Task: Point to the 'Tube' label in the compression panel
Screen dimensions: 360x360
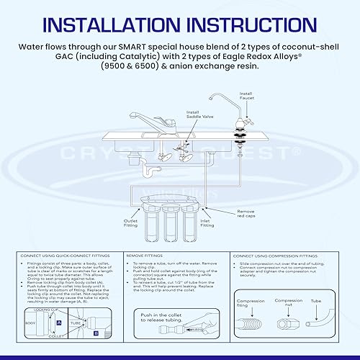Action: pyautogui.click(x=317, y=300)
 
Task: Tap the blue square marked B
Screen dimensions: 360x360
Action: pyautogui.click(x=96, y=333)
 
